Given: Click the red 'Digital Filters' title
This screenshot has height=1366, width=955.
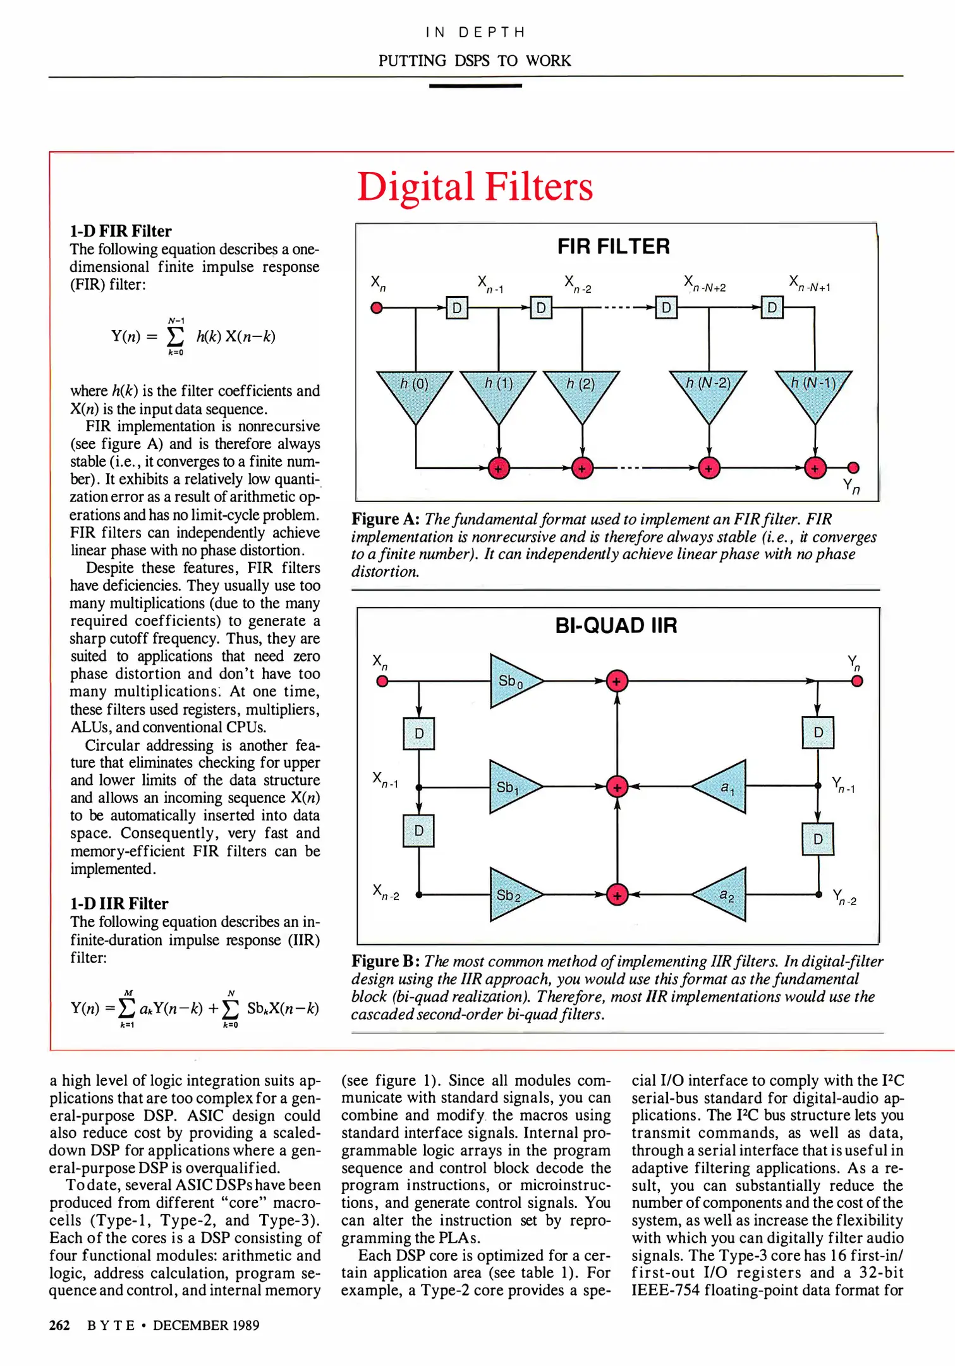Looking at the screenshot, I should (x=475, y=187).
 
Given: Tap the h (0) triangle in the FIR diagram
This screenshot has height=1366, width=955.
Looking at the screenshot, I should (x=415, y=392).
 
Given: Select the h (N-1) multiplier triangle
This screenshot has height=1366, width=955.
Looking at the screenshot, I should (x=814, y=392).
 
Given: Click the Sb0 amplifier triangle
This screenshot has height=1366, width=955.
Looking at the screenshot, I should (x=512, y=681).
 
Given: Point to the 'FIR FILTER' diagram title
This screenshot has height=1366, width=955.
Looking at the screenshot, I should (x=613, y=246).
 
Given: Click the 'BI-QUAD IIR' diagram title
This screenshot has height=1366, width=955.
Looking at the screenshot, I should (x=616, y=625).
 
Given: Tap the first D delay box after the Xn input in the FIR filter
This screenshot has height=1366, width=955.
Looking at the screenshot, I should (x=457, y=308).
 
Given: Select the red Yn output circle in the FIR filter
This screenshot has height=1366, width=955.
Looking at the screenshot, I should (x=853, y=468).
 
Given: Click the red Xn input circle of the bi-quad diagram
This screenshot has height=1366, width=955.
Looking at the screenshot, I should (x=382, y=681).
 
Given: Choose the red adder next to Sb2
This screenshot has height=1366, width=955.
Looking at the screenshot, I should (x=617, y=895).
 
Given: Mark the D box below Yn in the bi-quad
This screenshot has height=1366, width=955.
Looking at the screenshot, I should (x=818, y=732).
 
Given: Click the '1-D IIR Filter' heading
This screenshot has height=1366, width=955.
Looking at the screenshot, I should (x=119, y=903).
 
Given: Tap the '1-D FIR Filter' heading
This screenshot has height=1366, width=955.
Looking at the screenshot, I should (x=121, y=231).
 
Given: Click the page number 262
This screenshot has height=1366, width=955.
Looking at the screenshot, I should (x=59, y=1325).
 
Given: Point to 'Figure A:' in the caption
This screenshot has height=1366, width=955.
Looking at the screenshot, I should (x=386, y=519).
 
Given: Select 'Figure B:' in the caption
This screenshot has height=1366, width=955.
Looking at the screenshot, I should (x=386, y=961).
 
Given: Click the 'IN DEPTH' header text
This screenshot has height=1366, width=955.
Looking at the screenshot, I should (x=475, y=32).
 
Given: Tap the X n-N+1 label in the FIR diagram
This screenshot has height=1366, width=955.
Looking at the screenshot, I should (x=809, y=283).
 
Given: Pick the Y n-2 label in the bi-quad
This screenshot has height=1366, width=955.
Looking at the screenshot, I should (x=844, y=897).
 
